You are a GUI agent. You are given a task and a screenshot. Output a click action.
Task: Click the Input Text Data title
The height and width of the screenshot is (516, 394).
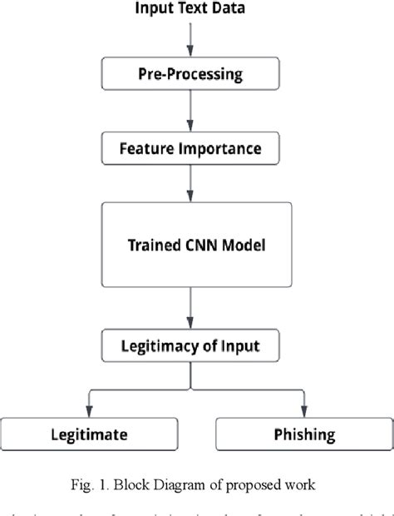coord(191,10)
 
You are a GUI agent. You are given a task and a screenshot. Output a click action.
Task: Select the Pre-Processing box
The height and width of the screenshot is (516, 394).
coord(191,75)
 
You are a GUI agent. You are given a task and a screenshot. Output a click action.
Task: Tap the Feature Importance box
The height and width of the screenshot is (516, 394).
coord(191,149)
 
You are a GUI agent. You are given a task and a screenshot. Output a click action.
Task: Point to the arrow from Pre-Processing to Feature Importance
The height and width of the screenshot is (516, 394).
coord(191,112)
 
